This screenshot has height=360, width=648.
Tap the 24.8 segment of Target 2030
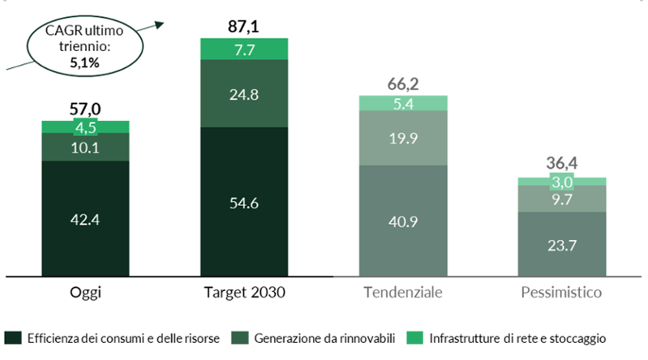[x=244, y=93]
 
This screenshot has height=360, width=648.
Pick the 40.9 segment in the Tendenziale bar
[x=403, y=220]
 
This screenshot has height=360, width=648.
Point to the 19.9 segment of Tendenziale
[x=403, y=137]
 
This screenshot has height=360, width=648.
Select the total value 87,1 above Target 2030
[x=244, y=27]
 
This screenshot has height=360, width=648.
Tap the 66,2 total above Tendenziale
[x=403, y=84]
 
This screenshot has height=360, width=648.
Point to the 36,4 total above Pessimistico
[x=562, y=165]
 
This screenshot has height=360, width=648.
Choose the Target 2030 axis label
[x=244, y=293]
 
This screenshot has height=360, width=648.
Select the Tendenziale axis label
[x=403, y=293]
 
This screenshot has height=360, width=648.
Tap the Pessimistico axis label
[x=562, y=293]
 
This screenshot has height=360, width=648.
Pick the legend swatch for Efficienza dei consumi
[x=13, y=336]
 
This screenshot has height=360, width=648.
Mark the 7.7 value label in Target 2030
[x=244, y=49]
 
